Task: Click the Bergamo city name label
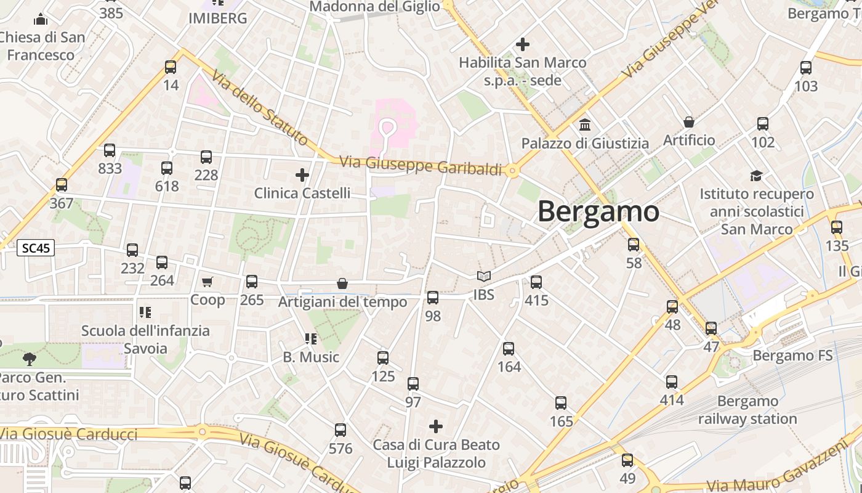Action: click(x=598, y=211)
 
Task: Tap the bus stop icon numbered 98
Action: click(x=433, y=298)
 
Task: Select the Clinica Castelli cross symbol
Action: click(x=302, y=175)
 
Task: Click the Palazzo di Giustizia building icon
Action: click(x=585, y=124)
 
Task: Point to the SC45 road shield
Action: click(x=36, y=248)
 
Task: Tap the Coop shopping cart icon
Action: click(x=207, y=282)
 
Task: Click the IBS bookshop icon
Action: click(x=484, y=277)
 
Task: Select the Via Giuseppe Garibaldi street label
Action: click(x=421, y=165)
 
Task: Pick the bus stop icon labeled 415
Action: click(x=536, y=282)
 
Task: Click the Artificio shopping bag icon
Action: click(x=689, y=122)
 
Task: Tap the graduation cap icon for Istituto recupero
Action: click(x=756, y=176)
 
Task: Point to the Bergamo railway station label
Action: click(x=747, y=410)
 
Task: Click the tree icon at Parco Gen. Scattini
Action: click(x=29, y=359)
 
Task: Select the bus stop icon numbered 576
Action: click(x=340, y=430)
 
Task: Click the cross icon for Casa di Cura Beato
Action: click(x=436, y=426)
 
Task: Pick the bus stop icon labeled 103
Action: click(x=806, y=68)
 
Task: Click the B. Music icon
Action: click(x=311, y=338)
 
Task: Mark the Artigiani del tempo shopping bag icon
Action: click(x=342, y=283)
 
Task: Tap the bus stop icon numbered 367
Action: click(x=62, y=185)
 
